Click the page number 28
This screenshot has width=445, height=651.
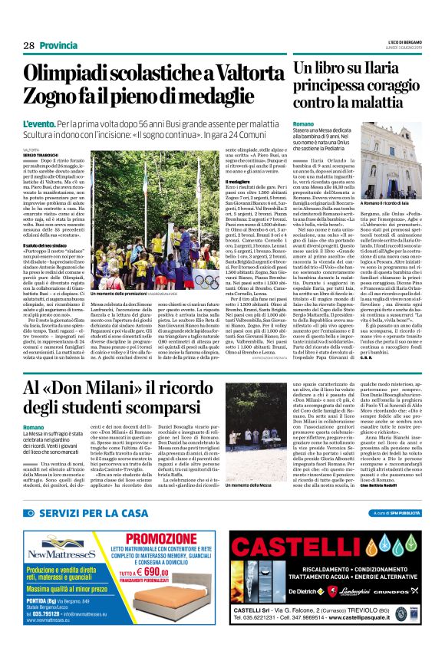point(29,46)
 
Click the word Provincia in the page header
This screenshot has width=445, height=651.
point(61,46)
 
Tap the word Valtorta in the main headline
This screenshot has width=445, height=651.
point(235,74)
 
